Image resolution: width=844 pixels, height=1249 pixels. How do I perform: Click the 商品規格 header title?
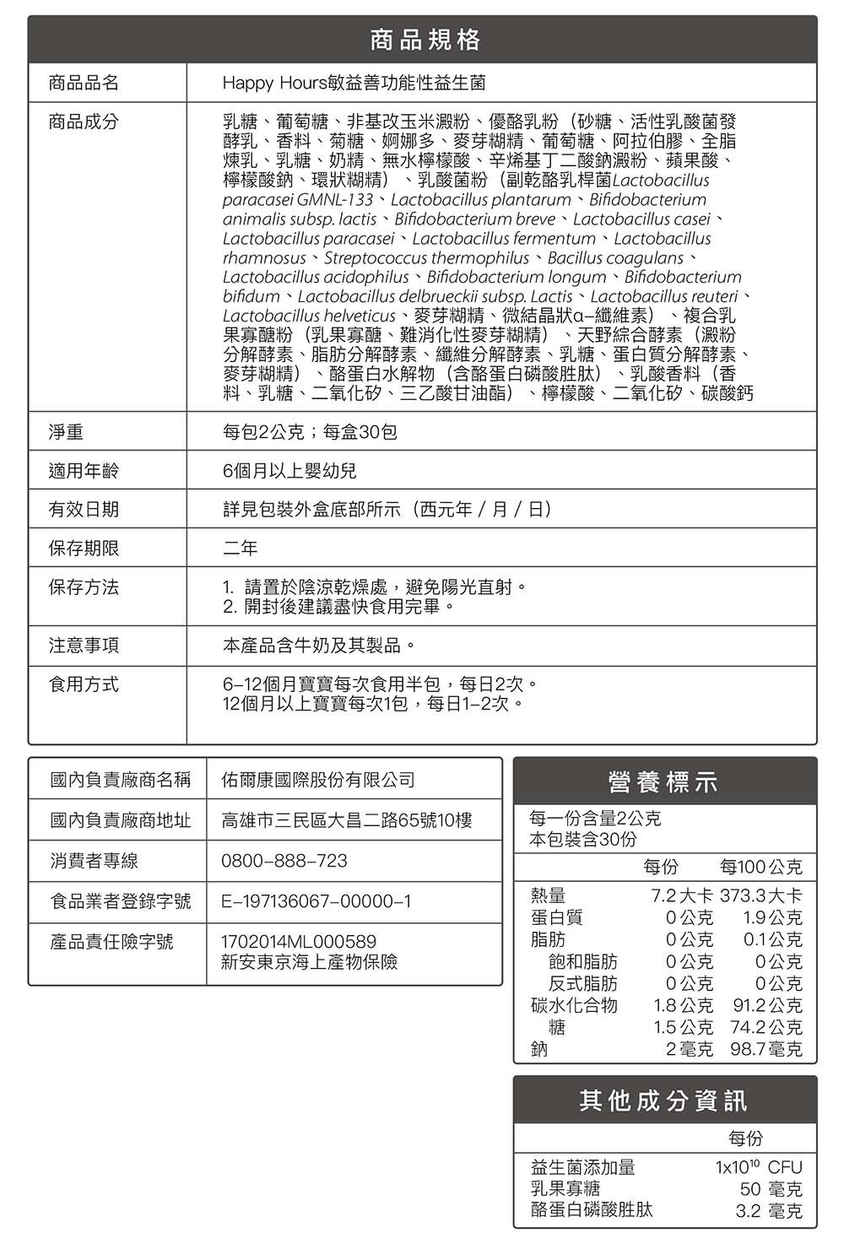pyautogui.click(x=423, y=39)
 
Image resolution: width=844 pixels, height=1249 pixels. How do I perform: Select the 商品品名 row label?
pyautogui.click(x=84, y=83)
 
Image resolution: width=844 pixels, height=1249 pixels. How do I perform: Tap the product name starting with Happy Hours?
pyautogui.click(x=354, y=83)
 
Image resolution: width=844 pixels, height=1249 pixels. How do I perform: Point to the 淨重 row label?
pyautogui.click(x=67, y=432)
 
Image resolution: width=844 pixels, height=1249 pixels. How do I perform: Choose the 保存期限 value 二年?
pyautogui.click(x=241, y=549)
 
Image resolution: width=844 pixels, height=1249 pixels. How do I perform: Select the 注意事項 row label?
pyautogui.click(x=84, y=646)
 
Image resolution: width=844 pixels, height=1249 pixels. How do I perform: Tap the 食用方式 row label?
pyautogui.click(x=84, y=684)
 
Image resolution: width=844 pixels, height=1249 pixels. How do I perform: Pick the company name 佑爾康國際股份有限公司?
pyautogui.click(x=318, y=780)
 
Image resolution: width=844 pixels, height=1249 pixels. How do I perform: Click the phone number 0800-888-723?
pyautogui.click(x=284, y=861)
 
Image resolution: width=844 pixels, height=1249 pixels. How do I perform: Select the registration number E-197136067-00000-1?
pyautogui.click(x=316, y=901)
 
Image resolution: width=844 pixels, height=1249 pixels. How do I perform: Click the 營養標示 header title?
pyautogui.click(x=664, y=782)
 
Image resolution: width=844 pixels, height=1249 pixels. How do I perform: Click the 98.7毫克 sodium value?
pyautogui.click(x=766, y=1049)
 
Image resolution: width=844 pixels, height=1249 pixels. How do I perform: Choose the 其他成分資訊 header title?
pyautogui.click(x=664, y=1100)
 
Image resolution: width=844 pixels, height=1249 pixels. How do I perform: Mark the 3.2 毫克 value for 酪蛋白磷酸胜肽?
pyautogui.click(x=769, y=1211)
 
